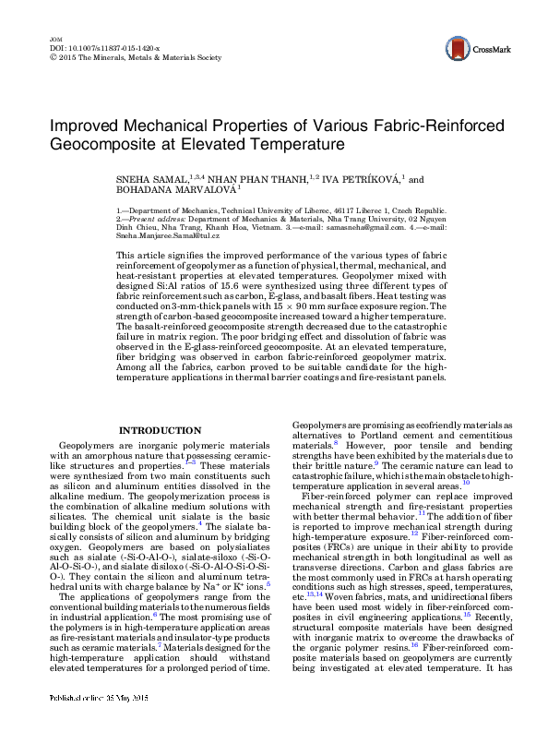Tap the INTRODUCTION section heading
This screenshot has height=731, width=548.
click(x=161, y=430)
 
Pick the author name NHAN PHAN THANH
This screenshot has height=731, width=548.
click(x=243, y=180)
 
